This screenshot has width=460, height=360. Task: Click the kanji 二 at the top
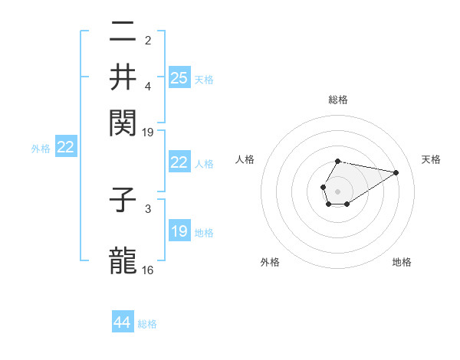click(x=123, y=31)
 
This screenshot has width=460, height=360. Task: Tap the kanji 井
click(x=123, y=77)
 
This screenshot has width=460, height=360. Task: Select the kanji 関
click(x=123, y=123)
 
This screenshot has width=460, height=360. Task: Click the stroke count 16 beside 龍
click(x=148, y=270)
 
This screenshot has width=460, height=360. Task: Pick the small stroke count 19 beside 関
click(x=148, y=132)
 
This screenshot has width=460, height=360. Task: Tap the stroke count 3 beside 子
click(x=148, y=208)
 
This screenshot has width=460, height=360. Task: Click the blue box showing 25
click(x=179, y=77)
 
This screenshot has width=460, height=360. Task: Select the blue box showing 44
click(x=123, y=322)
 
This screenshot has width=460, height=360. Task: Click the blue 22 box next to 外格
click(x=65, y=148)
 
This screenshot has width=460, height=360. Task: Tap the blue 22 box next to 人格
click(x=179, y=162)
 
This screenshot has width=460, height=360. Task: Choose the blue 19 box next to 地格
click(x=179, y=231)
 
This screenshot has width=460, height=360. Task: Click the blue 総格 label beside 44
click(x=147, y=324)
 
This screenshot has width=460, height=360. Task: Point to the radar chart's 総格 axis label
click(x=337, y=100)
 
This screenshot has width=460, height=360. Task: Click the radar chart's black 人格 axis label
click(x=245, y=159)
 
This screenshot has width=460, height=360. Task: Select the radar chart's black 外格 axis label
click(x=270, y=262)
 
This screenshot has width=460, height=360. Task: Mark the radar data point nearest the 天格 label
click(x=396, y=172)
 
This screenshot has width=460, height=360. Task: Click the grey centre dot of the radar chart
click(x=337, y=190)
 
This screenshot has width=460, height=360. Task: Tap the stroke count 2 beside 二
click(x=148, y=41)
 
